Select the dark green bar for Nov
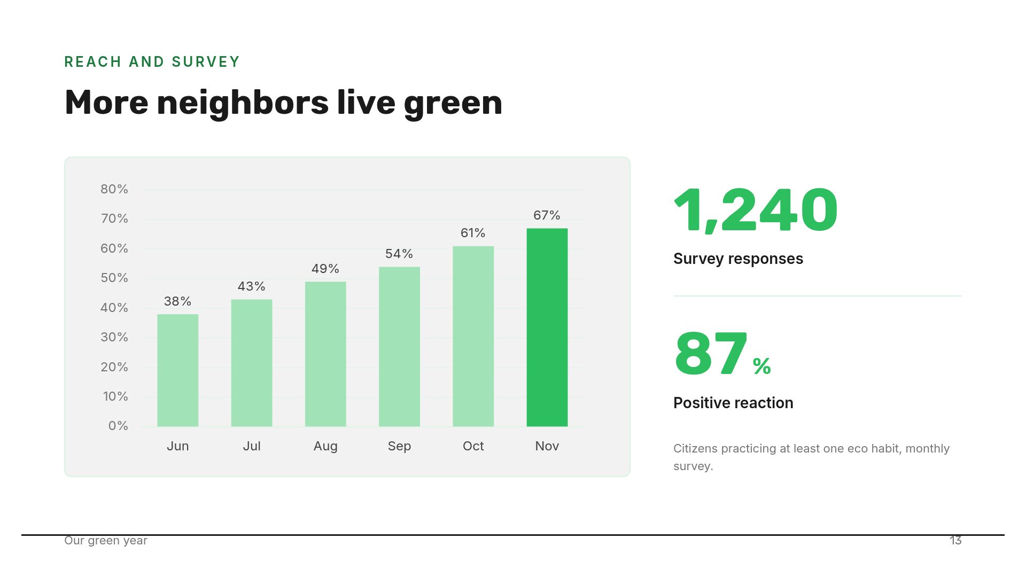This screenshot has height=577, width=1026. (x=547, y=328)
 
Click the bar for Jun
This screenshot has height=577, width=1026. (x=178, y=370)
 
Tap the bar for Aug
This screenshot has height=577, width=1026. (x=325, y=354)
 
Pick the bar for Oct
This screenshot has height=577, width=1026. (x=473, y=337)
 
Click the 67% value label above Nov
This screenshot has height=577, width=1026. (x=547, y=215)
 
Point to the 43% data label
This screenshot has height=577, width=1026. (x=252, y=286)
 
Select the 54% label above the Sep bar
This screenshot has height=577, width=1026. (x=399, y=254)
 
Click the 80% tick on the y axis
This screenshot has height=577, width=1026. (x=114, y=189)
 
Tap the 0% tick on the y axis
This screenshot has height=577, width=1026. (x=118, y=426)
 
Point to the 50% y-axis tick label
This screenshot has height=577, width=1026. (x=114, y=278)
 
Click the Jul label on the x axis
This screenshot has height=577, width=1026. (x=252, y=446)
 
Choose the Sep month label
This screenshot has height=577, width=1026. (x=399, y=446)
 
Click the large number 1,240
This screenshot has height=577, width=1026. (x=756, y=210)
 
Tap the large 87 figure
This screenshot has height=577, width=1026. (x=711, y=354)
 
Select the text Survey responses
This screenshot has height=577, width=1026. (x=738, y=259)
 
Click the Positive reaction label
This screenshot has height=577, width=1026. (x=733, y=403)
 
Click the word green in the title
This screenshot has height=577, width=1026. (x=453, y=103)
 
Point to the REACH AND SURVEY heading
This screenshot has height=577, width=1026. (x=152, y=62)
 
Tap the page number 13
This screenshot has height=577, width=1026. (x=955, y=541)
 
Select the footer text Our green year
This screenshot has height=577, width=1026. (x=106, y=541)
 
